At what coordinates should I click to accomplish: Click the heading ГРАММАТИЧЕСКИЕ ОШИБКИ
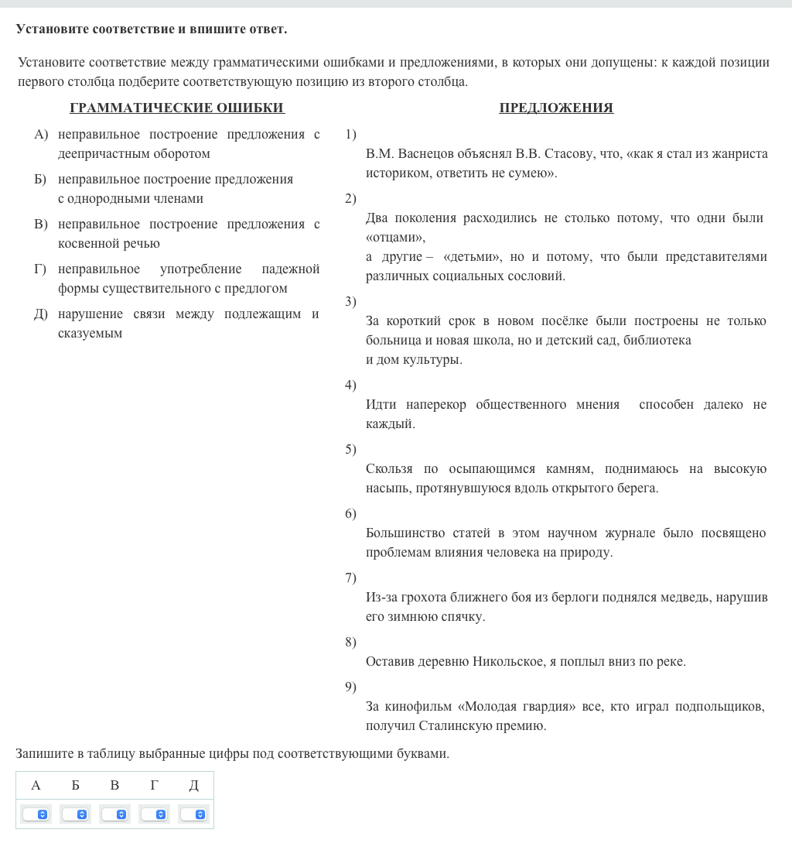[x=177, y=108]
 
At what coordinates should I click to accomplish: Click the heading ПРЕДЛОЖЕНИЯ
[x=556, y=108]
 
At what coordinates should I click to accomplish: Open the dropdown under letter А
[x=36, y=814]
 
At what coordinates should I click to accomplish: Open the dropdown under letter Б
[x=75, y=814]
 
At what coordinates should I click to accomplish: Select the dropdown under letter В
[x=114, y=814]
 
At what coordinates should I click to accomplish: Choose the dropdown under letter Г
[x=154, y=814]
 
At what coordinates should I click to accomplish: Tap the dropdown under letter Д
[x=193, y=814]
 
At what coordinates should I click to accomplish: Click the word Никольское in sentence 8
[x=507, y=661]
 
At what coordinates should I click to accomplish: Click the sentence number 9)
[x=350, y=687]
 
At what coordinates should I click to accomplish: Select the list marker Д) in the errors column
[x=41, y=314]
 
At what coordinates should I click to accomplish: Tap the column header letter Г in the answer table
[x=154, y=785]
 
